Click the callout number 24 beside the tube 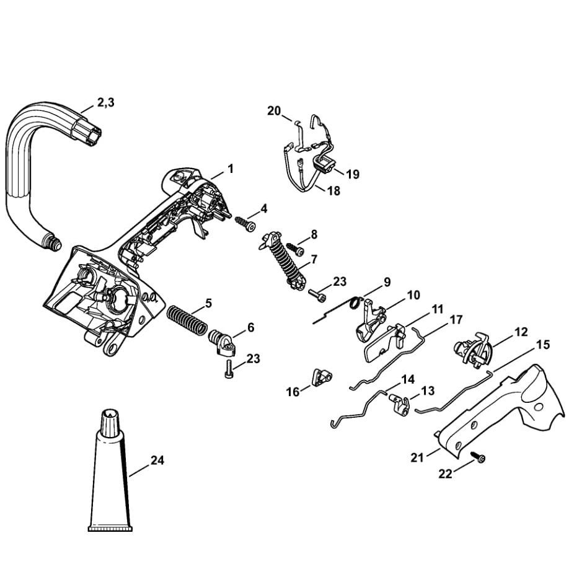point(159,461)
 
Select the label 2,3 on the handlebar point(105,103)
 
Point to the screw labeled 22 point(480,458)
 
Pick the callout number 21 point(417,457)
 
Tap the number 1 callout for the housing point(231,168)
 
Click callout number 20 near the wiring point(274,111)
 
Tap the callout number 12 point(521,332)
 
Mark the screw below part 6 point(228,368)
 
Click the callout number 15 point(542,345)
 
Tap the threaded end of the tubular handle point(53,242)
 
